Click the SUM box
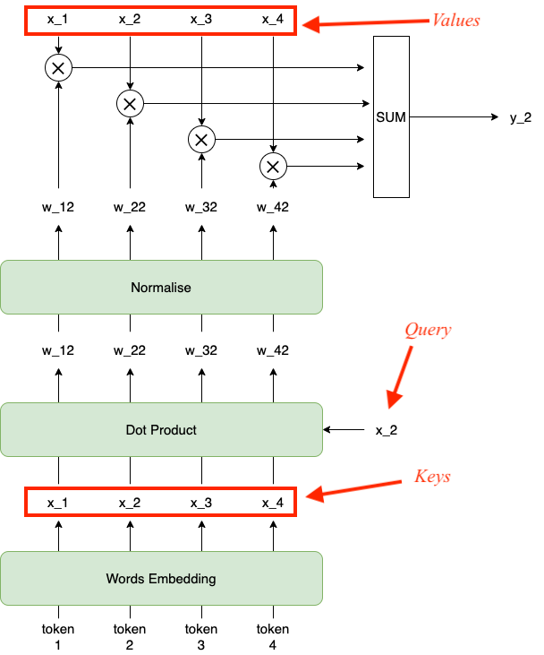click(x=391, y=116)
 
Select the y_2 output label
click(x=521, y=117)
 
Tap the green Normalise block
click(x=161, y=288)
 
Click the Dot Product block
click(x=161, y=430)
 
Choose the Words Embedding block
click(x=161, y=578)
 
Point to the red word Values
click(x=455, y=20)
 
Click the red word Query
click(x=428, y=331)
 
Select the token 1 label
click(x=58, y=636)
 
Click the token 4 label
click(x=273, y=636)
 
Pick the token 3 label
click(x=201, y=636)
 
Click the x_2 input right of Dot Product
click(x=386, y=431)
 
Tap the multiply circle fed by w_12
click(x=58, y=67)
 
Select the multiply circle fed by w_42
click(x=273, y=166)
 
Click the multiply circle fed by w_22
click(x=130, y=104)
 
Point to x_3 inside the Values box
click(x=201, y=19)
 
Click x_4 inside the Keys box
click(x=273, y=503)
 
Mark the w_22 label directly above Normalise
click(x=130, y=207)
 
